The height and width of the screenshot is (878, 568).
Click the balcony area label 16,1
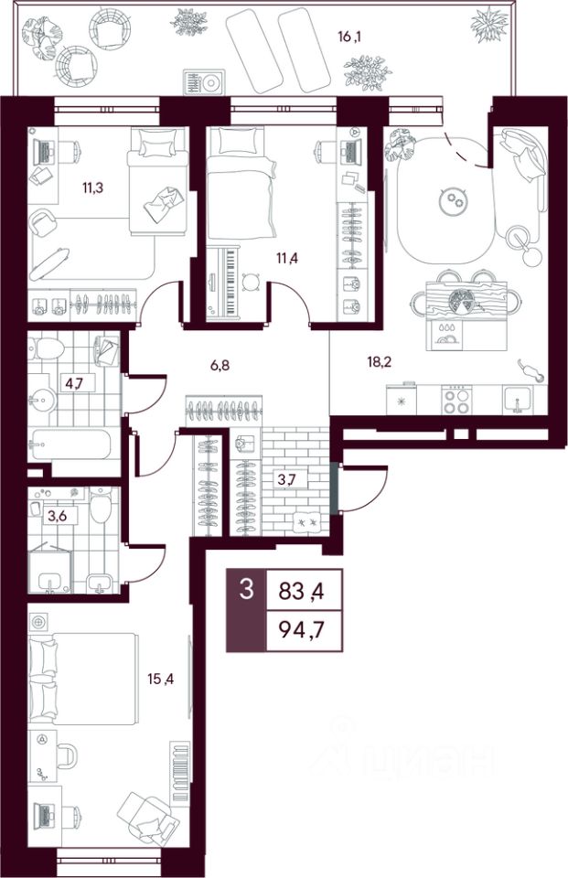pos(350,37)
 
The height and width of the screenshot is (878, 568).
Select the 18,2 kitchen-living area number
pos(380,362)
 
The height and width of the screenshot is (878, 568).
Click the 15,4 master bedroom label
pos(161,680)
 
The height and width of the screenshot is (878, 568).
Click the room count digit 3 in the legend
pos(246,589)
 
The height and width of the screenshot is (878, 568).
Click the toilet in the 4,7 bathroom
pos(46,348)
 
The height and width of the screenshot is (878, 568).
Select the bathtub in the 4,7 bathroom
pos(70,444)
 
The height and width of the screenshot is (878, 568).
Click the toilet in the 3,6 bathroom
pos(101,505)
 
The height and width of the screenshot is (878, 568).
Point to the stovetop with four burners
pos(456,400)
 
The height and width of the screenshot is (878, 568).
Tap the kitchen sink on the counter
pos(518,401)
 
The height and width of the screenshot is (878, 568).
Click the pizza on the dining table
pos(463,300)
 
